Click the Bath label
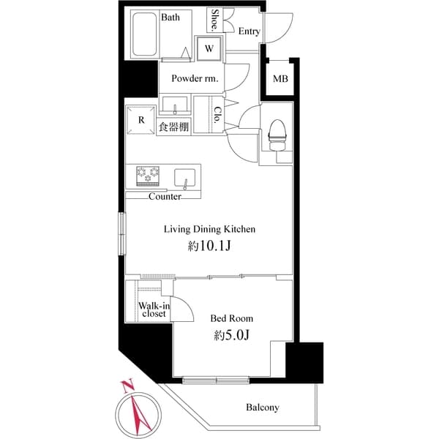point(170,17)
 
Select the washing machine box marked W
point(209,49)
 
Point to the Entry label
point(249,31)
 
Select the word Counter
point(165,196)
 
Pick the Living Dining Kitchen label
point(209,229)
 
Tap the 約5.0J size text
point(231,336)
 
